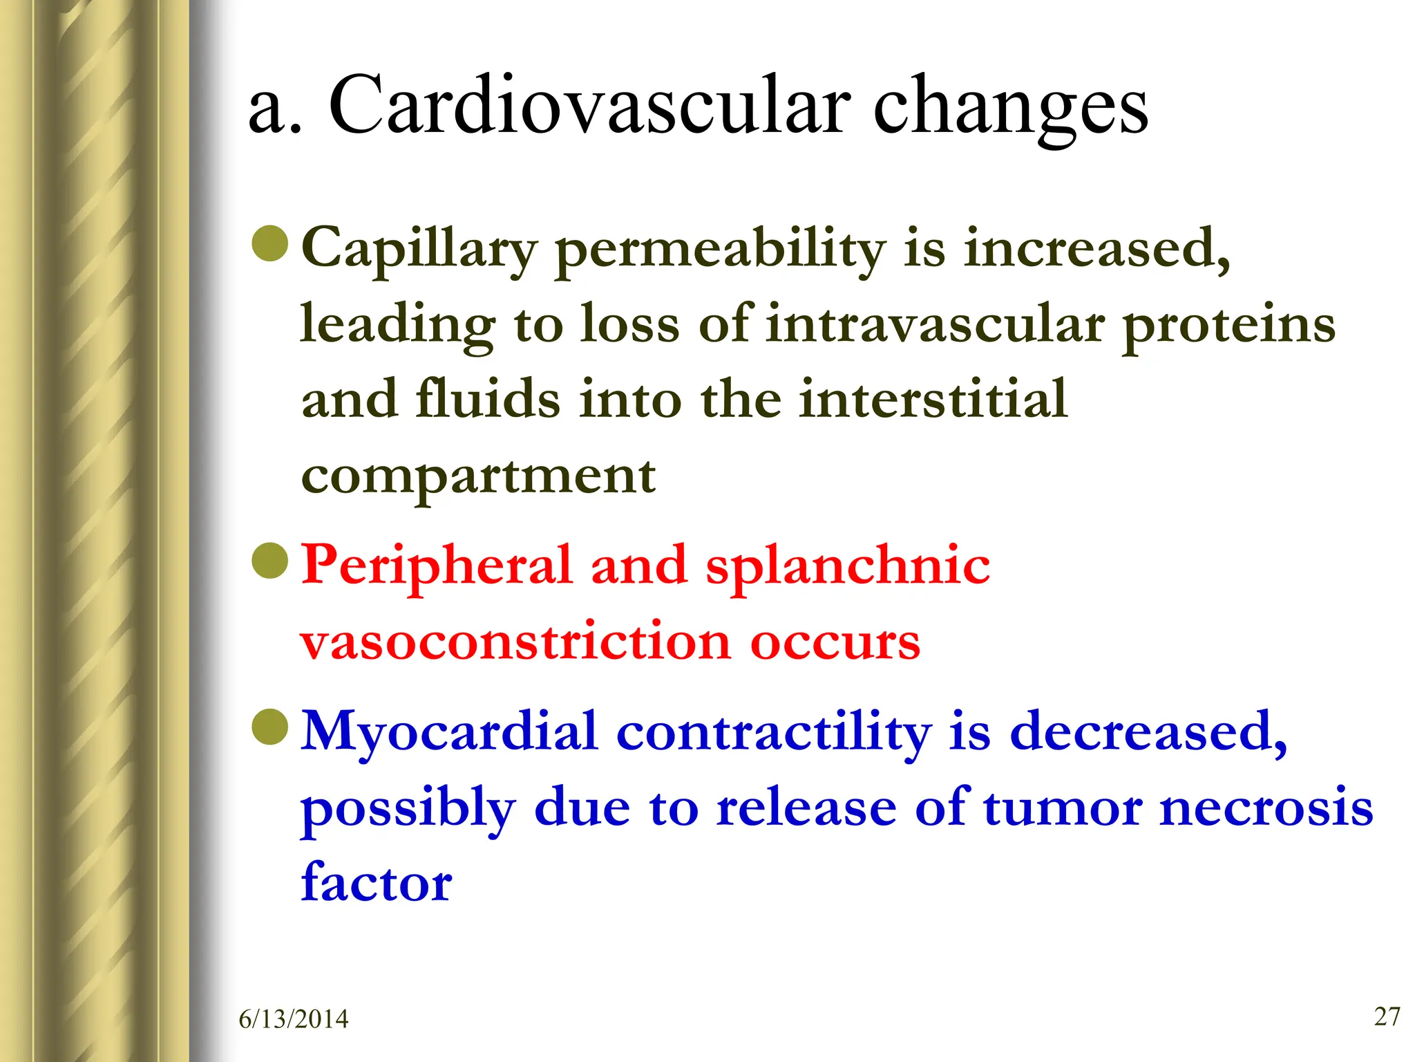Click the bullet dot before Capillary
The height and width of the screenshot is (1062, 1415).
click(x=269, y=243)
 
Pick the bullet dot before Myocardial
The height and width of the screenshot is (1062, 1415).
click(x=269, y=727)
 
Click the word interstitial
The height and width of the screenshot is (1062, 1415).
click(x=933, y=399)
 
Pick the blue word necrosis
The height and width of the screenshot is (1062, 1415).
click(x=1266, y=808)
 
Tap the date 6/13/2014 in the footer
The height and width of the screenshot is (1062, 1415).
click(x=294, y=1019)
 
